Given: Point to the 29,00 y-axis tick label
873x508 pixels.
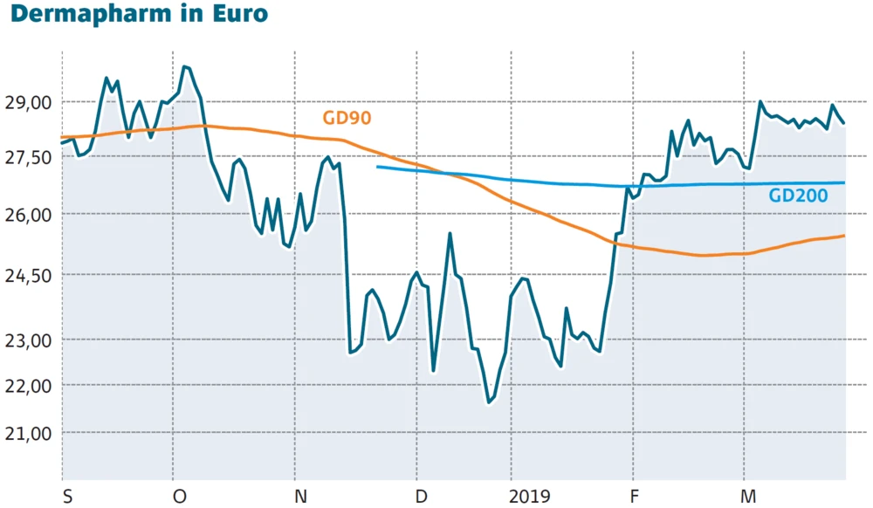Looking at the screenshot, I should point(29,102).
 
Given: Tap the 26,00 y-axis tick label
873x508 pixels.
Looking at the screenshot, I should point(29,214).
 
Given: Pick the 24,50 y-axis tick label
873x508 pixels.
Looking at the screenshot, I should point(29,275).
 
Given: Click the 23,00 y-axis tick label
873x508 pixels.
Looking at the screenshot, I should point(29,339).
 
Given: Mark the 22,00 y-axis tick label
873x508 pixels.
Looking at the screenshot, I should point(29,385).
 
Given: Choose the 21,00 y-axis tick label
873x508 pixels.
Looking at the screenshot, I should point(29,433).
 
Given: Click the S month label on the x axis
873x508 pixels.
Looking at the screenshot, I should point(67,497).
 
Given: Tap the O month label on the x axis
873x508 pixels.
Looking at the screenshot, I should point(180,497).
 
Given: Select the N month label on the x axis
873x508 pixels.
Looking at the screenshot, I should point(301,497).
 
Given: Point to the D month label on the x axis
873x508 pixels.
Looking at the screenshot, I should point(422,497).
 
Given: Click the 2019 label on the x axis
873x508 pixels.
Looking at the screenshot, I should point(531,497).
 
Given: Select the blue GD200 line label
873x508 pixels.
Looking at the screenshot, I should point(798,196).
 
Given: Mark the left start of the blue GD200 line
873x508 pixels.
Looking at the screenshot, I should point(377,167).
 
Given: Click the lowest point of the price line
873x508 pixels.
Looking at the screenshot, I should point(489,403).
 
